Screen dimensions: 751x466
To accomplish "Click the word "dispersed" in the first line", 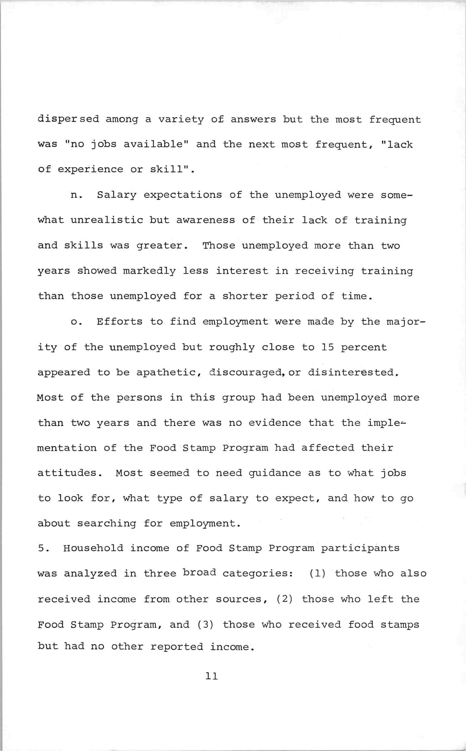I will (68, 119).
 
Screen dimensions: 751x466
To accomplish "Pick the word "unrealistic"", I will (107, 220).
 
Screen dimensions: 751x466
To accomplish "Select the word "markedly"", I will (149, 271).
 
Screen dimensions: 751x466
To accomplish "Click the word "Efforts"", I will (120, 322).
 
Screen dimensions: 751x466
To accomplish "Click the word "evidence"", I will (275, 422).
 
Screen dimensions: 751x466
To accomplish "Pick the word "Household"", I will (93, 548).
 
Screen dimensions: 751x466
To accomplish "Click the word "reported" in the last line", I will (176, 646).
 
